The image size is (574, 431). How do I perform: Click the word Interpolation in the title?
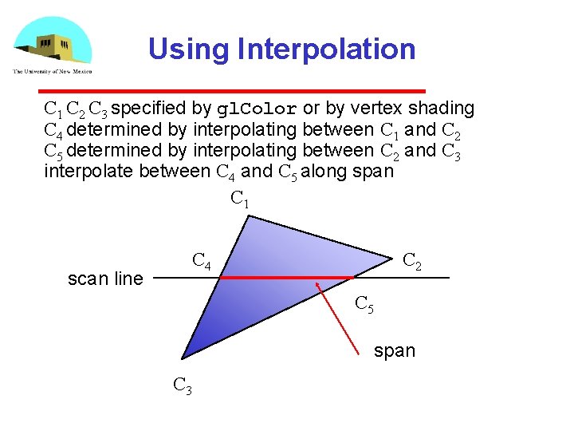[326, 49]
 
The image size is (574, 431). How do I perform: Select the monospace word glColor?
[258, 109]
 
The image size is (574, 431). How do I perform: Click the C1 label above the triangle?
[239, 198]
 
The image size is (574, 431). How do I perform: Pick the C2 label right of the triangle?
[412, 262]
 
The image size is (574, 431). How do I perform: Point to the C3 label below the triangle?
[183, 386]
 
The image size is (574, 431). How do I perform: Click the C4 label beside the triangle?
[202, 260]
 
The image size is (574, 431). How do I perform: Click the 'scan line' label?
[105, 279]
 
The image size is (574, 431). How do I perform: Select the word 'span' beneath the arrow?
[395, 350]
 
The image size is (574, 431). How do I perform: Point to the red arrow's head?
[318, 285]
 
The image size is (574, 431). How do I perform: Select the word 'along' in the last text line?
[322, 171]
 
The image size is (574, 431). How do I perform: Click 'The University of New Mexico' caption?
[53, 71]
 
